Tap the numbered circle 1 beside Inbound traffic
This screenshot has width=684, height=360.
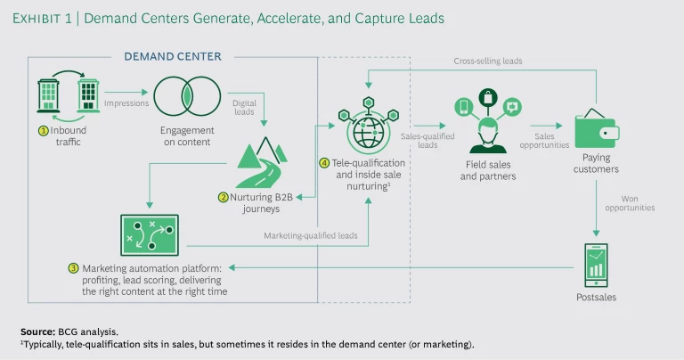(42, 131)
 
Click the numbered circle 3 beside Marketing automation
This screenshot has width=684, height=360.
(73, 267)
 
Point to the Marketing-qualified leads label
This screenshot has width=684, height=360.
(311, 236)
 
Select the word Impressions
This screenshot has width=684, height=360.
(126, 103)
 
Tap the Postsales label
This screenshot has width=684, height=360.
(596, 297)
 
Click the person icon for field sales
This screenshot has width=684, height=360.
(487, 133)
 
